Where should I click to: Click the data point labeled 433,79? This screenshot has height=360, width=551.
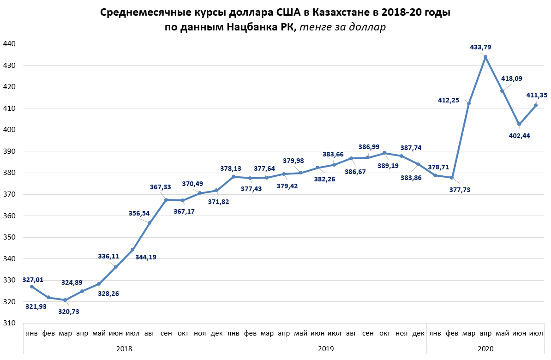click(x=485, y=57)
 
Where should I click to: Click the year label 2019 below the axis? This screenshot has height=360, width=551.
click(x=326, y=349)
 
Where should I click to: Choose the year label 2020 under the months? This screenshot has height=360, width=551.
click(x=485, y=349)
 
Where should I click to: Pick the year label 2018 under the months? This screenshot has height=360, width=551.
click(x=124, y=349)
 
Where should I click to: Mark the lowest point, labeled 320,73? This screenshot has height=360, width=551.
click(x=65, y=300)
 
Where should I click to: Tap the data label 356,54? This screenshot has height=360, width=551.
click(x=139, y=213)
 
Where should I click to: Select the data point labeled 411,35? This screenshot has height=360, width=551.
click(x=536, y=105)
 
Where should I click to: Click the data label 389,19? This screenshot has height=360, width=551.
click(x=389, y=165)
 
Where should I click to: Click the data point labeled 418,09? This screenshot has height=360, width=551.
click(x=502, y=90)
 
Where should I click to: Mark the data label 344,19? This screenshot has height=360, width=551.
click(x=146, y=257)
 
